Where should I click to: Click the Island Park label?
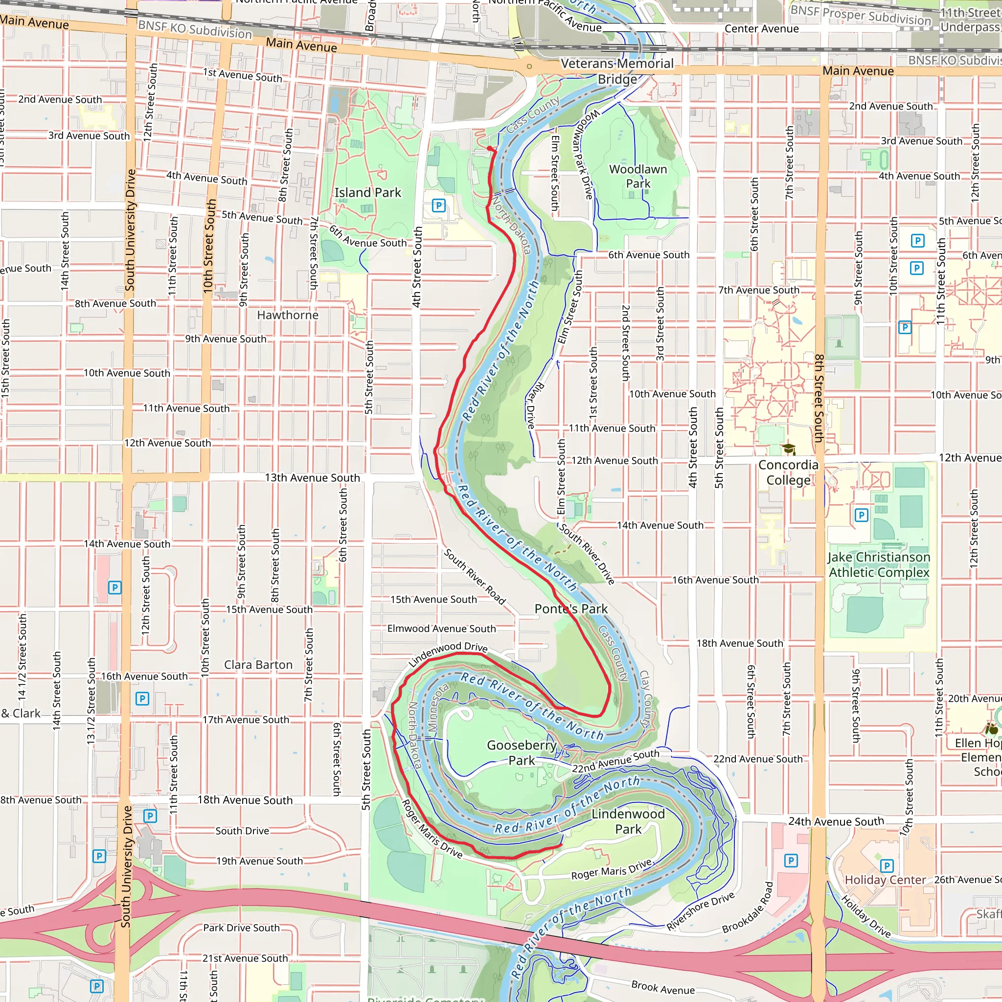367,192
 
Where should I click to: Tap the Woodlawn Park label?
638,176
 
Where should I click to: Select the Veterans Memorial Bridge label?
617,71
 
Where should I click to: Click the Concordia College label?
788,473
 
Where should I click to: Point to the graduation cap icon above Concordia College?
788,449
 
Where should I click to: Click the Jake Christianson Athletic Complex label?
879,565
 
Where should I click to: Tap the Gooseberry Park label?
521,752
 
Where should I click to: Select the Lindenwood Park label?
628,821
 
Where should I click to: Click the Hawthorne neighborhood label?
288,315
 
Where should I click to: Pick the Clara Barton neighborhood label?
258,664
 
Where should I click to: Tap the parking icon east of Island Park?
439,205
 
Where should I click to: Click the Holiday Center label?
885,880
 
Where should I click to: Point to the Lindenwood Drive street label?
448,655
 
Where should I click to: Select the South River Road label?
474,576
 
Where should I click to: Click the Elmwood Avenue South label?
441,629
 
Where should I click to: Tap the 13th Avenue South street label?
312,478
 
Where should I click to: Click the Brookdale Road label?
748,908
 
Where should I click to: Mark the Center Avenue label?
761,28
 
